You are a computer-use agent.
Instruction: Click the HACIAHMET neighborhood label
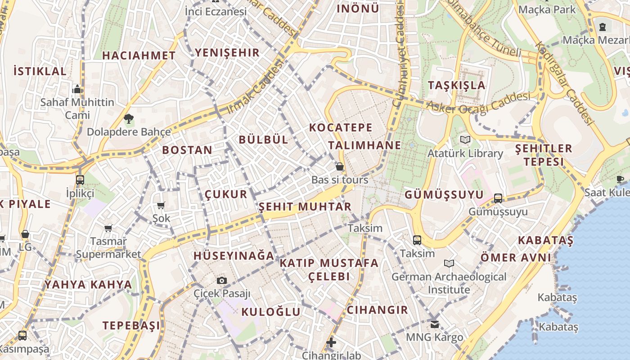[x=139, y=56]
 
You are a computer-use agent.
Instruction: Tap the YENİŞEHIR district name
[x=227, y=53]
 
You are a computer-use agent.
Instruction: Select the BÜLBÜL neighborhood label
[x=263, y=139]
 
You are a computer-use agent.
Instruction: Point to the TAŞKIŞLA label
[x=456, y=85]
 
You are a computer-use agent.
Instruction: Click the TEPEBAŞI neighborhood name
[x=131, y=325]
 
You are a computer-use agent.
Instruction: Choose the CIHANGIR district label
[x=377, y=310]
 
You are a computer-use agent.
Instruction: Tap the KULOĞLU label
[x=270, y=312]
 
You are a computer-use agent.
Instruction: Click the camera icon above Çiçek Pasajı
[x=221, y=281]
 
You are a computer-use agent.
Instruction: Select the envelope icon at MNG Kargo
[x=434, y=324]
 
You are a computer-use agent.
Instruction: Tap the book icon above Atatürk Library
[x=465, y=140]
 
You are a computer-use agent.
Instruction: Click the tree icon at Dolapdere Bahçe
[x=129, y=119]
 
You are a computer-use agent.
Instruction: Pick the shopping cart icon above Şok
[x=161, y=206]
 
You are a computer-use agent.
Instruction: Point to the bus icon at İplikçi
[x=80, y=180]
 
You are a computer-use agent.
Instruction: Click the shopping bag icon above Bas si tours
[x=340, y=167]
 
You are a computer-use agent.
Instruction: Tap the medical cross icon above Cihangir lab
[x=331, y=342]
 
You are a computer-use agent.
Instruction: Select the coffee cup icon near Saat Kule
[x=620, y=179]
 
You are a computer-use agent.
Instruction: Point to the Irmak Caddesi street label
[x=256, y=87]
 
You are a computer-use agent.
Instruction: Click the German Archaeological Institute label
[x=449, y=283]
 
